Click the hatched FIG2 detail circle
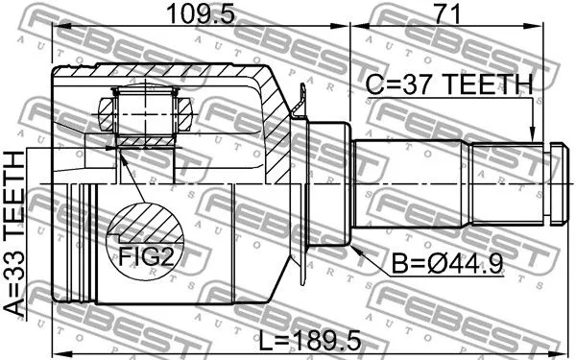pos(145,240)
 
